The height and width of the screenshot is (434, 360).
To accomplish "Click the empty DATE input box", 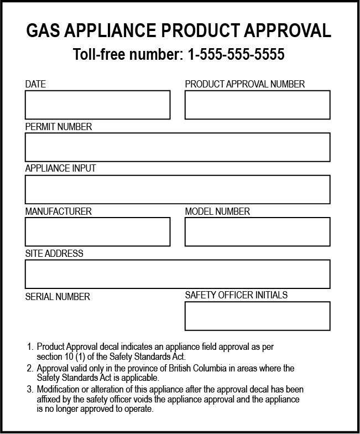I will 97,105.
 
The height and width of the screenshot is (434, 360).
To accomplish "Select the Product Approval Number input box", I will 257,105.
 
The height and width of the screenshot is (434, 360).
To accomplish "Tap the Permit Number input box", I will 177,147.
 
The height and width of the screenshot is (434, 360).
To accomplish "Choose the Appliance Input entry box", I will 177,189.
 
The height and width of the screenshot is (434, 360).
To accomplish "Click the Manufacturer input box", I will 97,231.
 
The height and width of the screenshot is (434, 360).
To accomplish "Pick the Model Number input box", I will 257,231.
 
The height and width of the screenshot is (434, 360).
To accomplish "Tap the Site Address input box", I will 177,274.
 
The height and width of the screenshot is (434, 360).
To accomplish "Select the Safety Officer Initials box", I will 257,316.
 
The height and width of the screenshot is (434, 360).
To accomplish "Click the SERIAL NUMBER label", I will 58,297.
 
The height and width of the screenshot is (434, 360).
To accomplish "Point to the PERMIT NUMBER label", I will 59,127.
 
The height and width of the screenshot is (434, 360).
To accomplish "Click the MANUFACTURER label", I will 59,211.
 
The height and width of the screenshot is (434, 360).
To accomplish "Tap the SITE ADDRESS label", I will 54,254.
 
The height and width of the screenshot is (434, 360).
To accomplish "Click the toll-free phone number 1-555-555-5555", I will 236,55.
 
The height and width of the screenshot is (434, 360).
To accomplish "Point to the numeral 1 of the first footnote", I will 30,347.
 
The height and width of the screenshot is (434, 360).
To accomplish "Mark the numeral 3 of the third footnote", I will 30,390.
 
